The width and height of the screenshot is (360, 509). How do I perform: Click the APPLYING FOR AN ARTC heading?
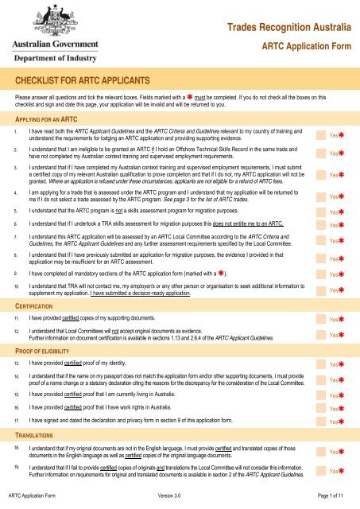click(x=52, y=117)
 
